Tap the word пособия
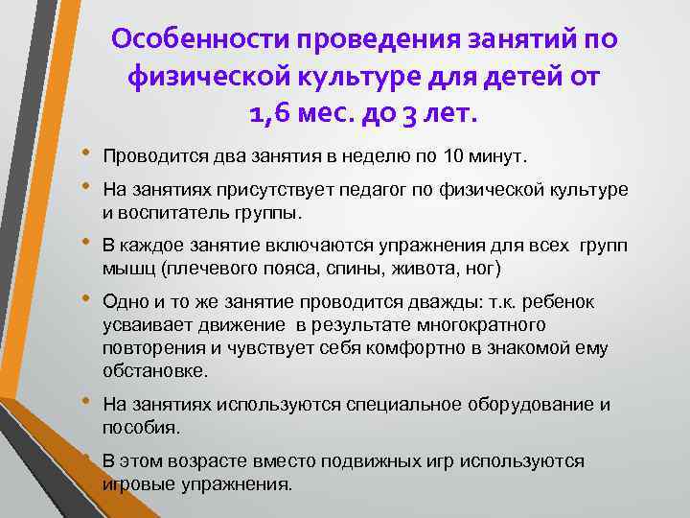click(x=138, y=425)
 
